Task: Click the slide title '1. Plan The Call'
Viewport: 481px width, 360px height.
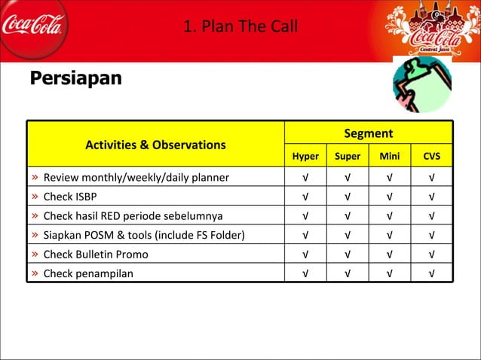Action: [240, 27]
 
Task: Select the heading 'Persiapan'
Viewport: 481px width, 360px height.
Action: [75, 78]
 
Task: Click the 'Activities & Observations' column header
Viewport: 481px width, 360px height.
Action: [155, 145]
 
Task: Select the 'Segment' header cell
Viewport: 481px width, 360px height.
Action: [368, 133]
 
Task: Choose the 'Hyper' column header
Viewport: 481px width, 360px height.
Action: [305, 157]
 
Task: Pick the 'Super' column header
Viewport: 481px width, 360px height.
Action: [348, 157]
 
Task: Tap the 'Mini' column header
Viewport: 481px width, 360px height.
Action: [390, 157]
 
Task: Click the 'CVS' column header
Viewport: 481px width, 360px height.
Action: [432, 157]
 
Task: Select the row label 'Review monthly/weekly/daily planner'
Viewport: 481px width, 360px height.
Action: [136, 178]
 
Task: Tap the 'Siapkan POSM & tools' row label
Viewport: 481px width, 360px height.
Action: [143, 235]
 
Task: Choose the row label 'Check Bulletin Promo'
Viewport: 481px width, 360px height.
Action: [96, 254]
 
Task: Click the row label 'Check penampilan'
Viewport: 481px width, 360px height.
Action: [87, 273]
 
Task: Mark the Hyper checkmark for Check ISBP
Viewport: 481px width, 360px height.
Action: [305, 197]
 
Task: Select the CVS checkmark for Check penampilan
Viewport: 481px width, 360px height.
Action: [432, 273]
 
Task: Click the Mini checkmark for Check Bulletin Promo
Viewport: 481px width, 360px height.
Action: [390, 255]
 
